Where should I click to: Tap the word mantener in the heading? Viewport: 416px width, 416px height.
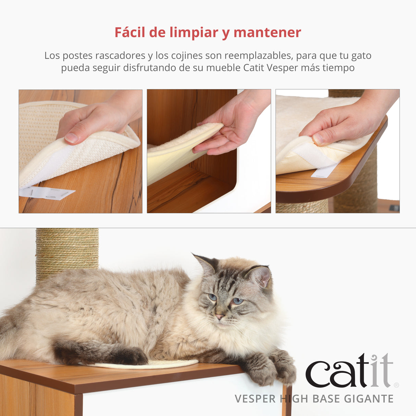267,33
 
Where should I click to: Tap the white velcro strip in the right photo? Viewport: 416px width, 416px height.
324,171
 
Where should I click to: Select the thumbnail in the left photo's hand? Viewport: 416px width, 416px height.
72,138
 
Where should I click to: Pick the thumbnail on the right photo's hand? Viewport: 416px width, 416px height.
318,138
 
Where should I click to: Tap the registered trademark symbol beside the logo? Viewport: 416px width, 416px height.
396,385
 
